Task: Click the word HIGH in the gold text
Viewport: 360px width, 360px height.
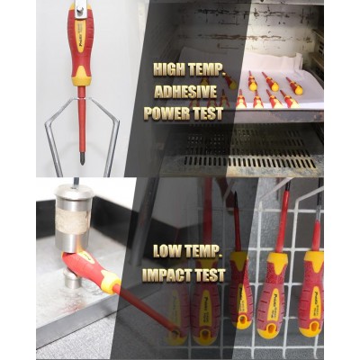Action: (169, 69)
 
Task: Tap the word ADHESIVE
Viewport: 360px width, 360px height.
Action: (185, 92)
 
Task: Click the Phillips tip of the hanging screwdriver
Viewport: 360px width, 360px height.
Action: (82, 159)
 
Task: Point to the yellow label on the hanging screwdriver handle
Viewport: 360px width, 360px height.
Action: (80, 37)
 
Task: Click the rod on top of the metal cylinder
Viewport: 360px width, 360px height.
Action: (76, 182)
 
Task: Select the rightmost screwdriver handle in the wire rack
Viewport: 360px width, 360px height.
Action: (312, 294)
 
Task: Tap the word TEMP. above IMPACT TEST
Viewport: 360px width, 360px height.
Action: (205, 251)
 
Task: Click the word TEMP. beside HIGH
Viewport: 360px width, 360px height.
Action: (207, 69)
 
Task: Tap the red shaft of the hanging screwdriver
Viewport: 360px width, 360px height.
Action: (82, 120)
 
